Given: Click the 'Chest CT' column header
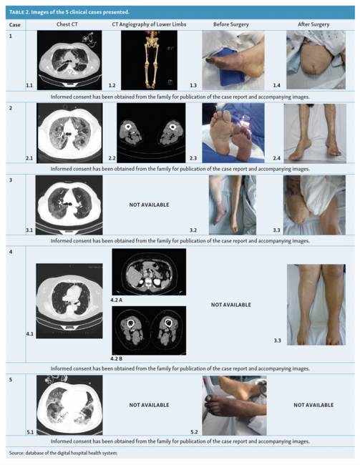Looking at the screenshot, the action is click(67, 24).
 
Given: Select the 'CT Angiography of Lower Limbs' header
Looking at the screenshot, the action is click(149, 24).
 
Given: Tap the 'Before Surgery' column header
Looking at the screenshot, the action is click(231, 24).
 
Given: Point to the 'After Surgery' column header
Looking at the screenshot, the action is click(313, 24).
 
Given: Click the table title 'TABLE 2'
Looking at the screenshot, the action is click(19, 12).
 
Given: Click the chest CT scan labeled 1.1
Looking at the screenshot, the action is click(69, 60).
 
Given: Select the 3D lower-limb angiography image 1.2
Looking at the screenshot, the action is click(149, 60).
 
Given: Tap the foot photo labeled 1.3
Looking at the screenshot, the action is click(233, 60).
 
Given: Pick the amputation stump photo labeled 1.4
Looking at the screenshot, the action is click(316, 59).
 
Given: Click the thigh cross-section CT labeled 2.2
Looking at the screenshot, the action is click(151, 133).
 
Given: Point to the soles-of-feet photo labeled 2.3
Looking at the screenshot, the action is click(233, 133).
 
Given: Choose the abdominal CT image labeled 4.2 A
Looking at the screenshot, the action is click(149, 272).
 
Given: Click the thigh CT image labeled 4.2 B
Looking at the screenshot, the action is click(149, 331).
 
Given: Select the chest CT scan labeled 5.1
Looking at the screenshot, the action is click(69, 405).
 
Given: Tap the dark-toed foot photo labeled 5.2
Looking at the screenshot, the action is click(234, 406).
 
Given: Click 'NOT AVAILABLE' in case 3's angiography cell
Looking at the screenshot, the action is click(149, 205).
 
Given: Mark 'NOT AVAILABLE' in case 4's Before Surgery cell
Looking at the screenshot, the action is click(231, 305).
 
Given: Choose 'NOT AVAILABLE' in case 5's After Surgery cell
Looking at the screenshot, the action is click(313, 405).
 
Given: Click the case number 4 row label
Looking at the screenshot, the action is click(11, 252).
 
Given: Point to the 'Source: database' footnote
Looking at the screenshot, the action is click(63, 453).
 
